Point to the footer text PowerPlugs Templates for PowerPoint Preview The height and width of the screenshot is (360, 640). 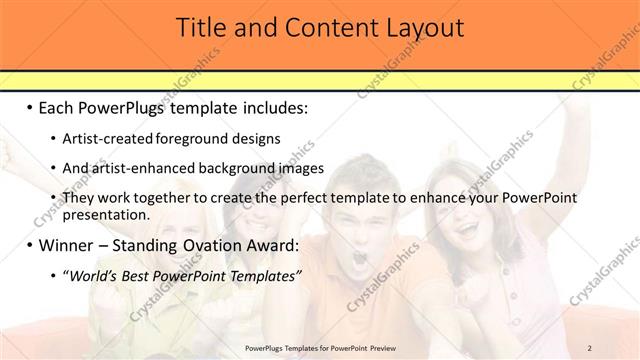(x=319, y=347)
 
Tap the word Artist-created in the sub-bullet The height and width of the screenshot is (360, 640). (x=104, y=138)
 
